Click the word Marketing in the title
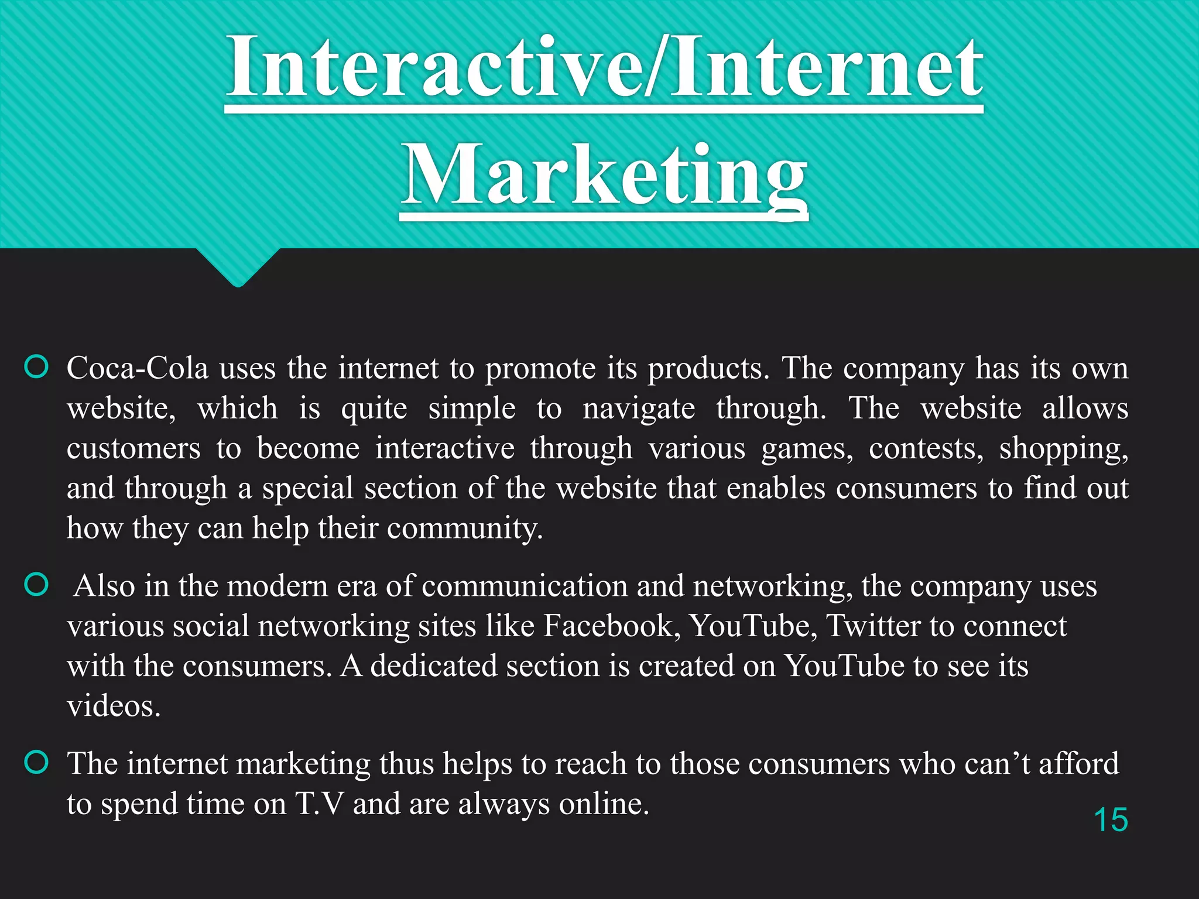pyautogui.click(x=604, y=176)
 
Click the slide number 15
pyautogui.click(x=1111, y=819)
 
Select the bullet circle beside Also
pyautogui.click(x=36, y=584)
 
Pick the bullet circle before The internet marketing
pyautogui.click(x=36, y=762)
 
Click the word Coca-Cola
pyautogui.click(x=138, y=369)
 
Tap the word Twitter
pyautogui.click(x=872, y=626)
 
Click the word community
pyautogui.click(x=465, y=529)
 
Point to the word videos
pyautogui.click(x=114, y=706)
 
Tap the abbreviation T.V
pyautogui.click(x=319, y=804)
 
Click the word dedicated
pyautogui.click(x=433, y=666)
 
